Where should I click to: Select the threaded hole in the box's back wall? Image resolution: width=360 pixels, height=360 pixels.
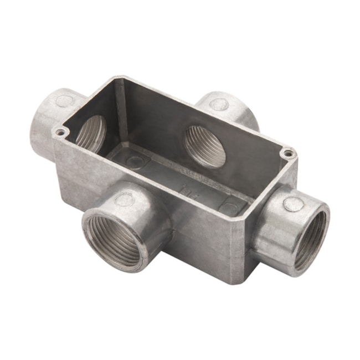[x=204, y=146]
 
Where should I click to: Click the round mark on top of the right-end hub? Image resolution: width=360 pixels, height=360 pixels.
[x=293, y=204]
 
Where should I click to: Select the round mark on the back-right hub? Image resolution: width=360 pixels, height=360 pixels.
[x=219, y=104]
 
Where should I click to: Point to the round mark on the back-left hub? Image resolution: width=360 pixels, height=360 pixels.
[x=65, y=101]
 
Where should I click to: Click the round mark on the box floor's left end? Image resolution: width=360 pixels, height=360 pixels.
[x=135, y=162]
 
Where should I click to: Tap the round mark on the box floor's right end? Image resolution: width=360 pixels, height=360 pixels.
[x=228, y=209]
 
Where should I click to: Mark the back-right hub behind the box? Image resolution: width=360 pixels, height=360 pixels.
[x=233, y=111]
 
